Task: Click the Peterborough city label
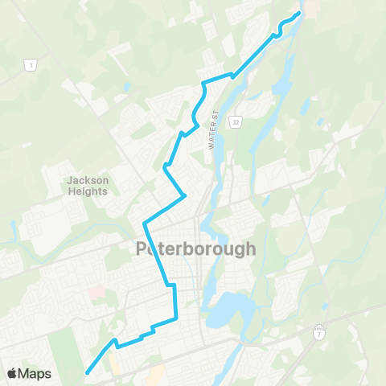(196, 248)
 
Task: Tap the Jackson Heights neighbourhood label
(88, 186)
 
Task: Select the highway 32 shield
(235, 121)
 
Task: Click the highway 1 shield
(29, 64)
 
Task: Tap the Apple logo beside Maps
(11, 373)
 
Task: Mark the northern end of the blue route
(299, 13)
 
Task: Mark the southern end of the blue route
(86, 372)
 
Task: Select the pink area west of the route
(96, 294)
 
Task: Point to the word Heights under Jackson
(88, 191)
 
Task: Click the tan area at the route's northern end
(310, 10)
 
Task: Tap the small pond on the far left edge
(13, 228)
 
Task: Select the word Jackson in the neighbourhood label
(88, 180)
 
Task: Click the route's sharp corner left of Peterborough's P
(144, 222)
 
